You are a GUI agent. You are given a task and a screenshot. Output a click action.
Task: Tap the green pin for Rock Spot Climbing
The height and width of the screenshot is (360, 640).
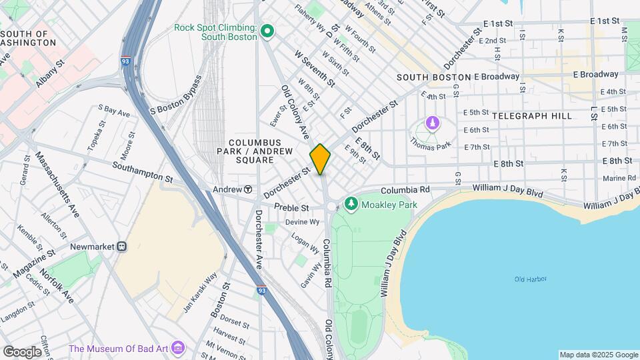[x=267, y=31]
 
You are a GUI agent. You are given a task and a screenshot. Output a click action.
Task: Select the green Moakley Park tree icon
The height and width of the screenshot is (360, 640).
[x=351, y=203]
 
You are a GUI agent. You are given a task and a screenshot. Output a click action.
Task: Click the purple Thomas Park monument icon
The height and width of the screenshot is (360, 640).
[x=433, y=125]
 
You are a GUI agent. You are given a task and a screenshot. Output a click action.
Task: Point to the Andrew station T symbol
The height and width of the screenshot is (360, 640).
[x=248, y=189]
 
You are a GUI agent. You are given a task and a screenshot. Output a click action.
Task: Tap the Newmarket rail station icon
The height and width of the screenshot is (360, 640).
[x=122, y=247]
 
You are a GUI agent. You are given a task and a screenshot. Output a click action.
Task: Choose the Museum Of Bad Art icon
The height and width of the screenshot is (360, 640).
[x=177, y=348]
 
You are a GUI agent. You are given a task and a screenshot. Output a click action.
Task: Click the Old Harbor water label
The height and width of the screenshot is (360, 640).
[x=531, y=279]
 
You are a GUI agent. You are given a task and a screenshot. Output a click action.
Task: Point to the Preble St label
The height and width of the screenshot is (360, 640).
[x=292, y=208]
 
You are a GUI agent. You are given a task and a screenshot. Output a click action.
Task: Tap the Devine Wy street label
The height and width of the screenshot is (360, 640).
[x=299, y=222]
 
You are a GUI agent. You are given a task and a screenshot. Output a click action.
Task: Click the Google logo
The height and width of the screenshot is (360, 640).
[x=22, y=351]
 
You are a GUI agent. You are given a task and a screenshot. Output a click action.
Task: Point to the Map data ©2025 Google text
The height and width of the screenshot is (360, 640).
[x=598, y=355]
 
